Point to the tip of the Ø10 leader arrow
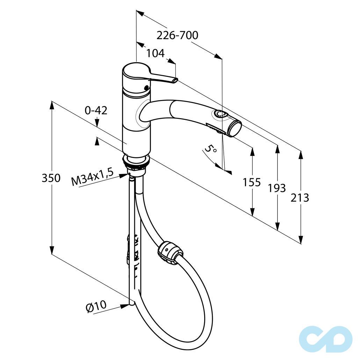point(129,305)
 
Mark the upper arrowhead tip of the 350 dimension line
point(52,102)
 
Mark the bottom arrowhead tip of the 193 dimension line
point(278,230)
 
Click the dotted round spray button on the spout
point(219,114)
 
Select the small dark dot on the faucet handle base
point(146,87)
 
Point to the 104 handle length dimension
point(156,53)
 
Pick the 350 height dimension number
point(51,178)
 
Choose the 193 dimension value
point(277,188)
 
